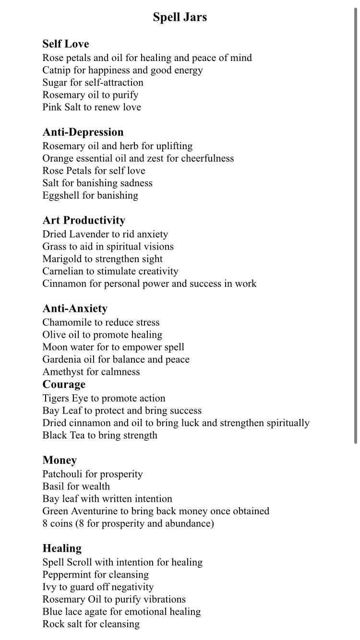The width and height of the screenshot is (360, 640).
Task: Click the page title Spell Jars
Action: (180, 17)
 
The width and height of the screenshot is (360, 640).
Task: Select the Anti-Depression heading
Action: (83, 132)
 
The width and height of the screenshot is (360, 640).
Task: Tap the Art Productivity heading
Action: (84, 220)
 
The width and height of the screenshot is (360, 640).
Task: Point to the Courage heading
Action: (64, 384)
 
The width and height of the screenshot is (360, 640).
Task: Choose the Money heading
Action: (60, 460)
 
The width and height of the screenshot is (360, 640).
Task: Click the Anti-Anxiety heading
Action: (75, 308)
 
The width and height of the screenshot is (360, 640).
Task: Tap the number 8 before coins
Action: (45, 523)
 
